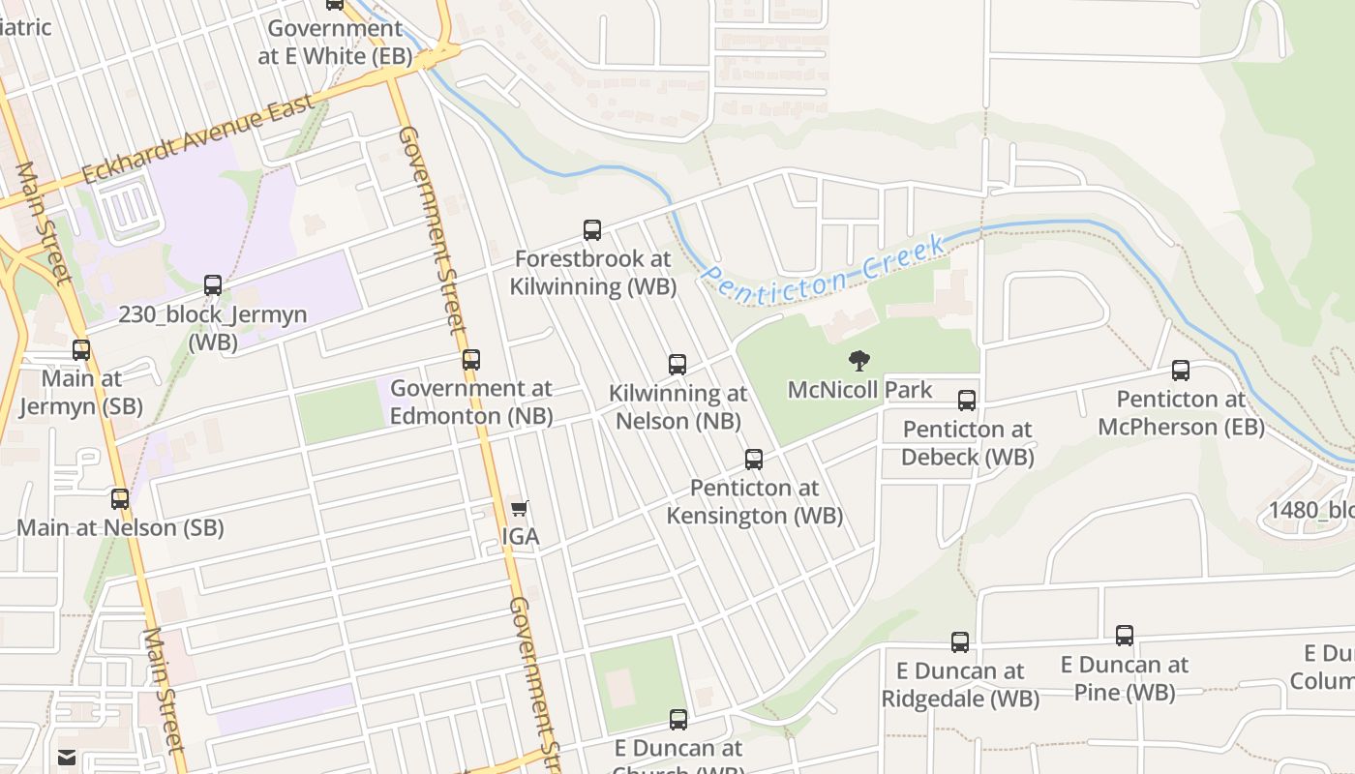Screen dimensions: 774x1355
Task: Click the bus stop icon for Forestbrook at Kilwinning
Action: pyautogui.click(x=592, y=230)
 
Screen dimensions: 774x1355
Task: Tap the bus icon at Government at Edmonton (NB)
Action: pyautogui.click(x=471, y=360)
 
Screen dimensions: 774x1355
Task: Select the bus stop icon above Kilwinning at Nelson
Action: pyautogui.click(x=677, y=365)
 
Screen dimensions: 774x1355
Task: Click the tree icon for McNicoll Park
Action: pyautogui.click(x=858, y=362)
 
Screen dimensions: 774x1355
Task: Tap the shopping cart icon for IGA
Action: pyautogui.click(x=520, y=508)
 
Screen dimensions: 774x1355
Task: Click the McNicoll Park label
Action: pyautogui.click(x=859, y=390)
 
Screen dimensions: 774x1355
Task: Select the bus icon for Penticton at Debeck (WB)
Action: pyautogui.click(x=966, y=401)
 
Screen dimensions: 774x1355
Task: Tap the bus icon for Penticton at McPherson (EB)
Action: pyautogui.click(x=1181, y=371)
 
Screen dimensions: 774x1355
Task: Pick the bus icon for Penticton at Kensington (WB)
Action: pyautogui.click(x=754, y=460)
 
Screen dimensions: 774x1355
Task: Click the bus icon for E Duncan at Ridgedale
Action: pyautogui.click(x=960, y=642)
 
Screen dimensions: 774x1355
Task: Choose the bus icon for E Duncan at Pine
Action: pyautogui.click(x=1125, y=636)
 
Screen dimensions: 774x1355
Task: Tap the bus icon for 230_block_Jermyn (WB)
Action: pyautogui.click(x=213, y=285)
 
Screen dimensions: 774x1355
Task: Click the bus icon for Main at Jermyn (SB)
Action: pyautogui.click(x=81, y=350)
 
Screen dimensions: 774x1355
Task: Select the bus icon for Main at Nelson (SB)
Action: pyautogui.click(x=120, y=499)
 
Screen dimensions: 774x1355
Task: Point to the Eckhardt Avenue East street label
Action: pyautogui.click(x=198, y=138)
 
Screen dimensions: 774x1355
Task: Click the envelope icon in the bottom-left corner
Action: pyautogui.click(x=67, y=757)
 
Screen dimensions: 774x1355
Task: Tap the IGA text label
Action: pyautogui.click(x=521, y=537)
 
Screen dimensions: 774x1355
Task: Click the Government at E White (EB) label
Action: pyautogui.click(x=335, y=43)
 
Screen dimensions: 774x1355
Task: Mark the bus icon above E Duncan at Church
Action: pyautogui.click(x=678, y=720)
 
